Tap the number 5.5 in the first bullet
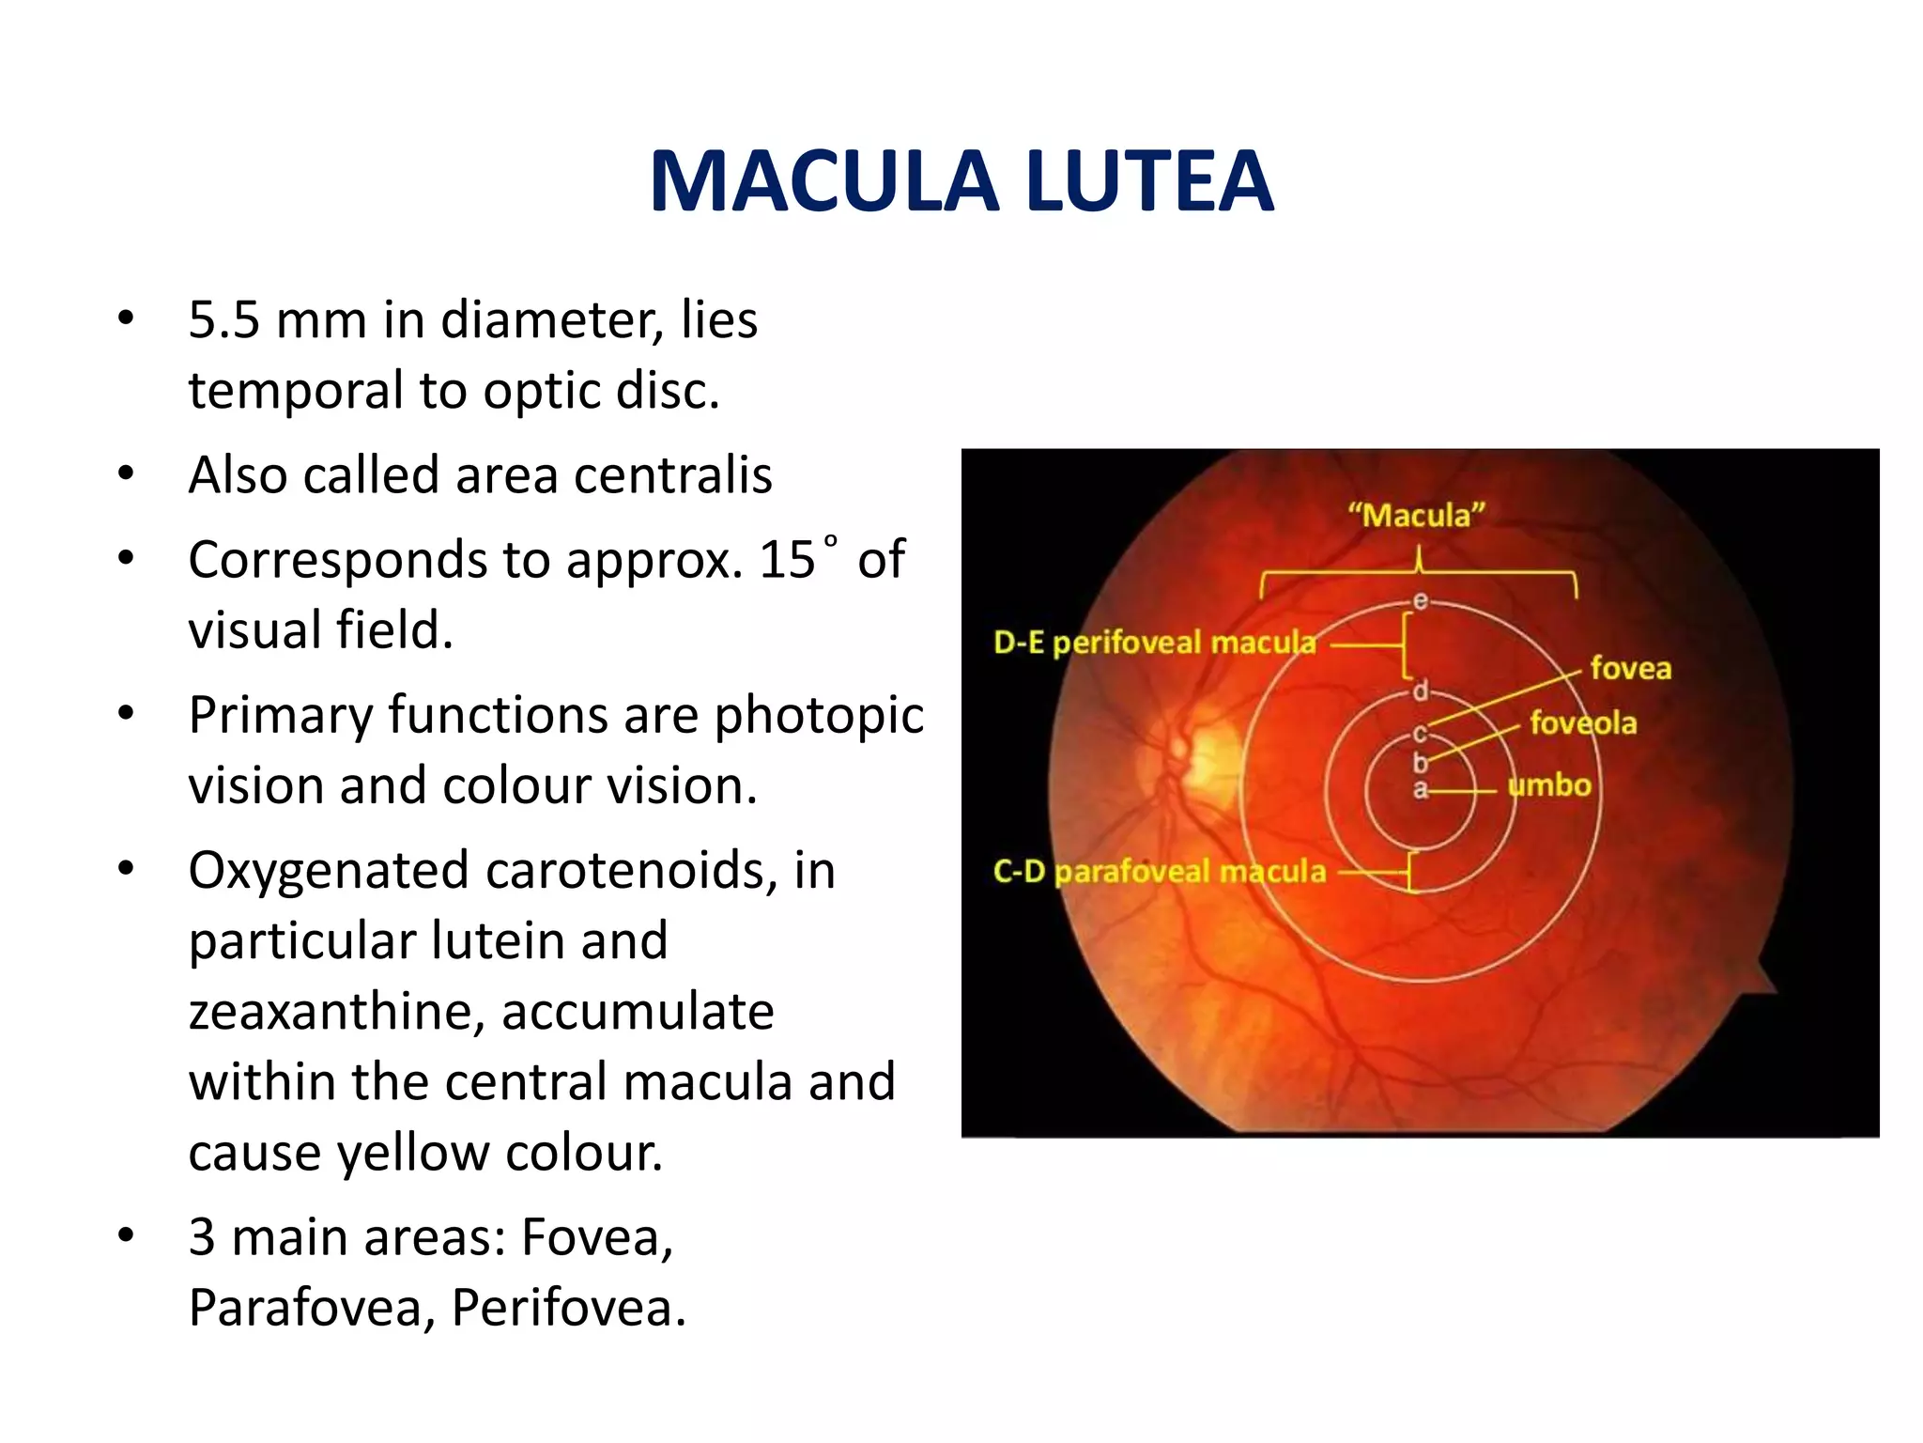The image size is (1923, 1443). (223, 320)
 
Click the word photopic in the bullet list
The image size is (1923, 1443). (819, 716)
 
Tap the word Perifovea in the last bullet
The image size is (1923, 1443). (568, 1307)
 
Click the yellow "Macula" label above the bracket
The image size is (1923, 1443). (1417, 515)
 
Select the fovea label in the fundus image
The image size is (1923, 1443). (1630, 668)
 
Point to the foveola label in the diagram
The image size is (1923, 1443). (1583, 722)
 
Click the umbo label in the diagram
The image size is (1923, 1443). (1549, 784)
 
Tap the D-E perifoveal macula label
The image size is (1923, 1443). (1154, 643)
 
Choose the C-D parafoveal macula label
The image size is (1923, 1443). (1160, 871)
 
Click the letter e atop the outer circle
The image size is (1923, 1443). (1421, 600)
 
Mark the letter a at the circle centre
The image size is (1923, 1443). (1421, 789)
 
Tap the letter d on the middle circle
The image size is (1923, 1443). (1421, 691)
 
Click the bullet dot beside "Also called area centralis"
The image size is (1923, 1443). (126, 473)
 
